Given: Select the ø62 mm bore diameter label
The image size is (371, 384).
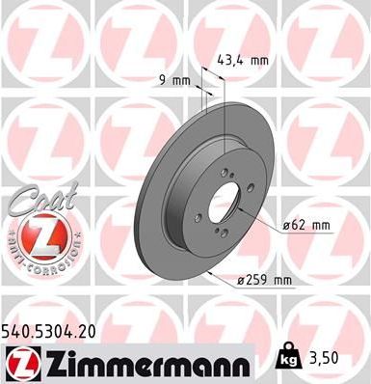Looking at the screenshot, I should (307, 225).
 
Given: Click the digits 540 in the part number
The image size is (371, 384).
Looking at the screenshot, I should (20, 330).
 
